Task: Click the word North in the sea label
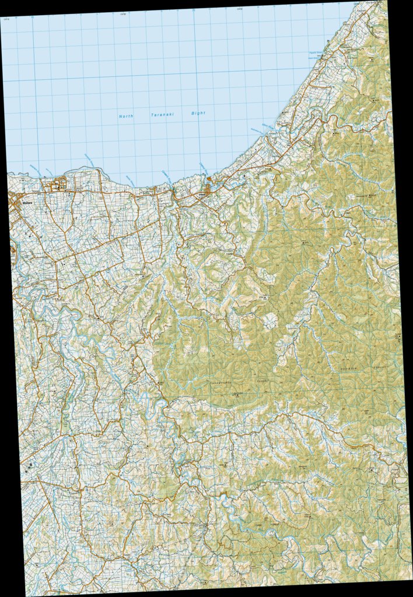[x=126, y=116]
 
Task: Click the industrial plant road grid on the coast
[x=57, y=186]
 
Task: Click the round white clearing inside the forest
[x=271, y=320]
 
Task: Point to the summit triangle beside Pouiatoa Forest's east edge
[x=396, y=336]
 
